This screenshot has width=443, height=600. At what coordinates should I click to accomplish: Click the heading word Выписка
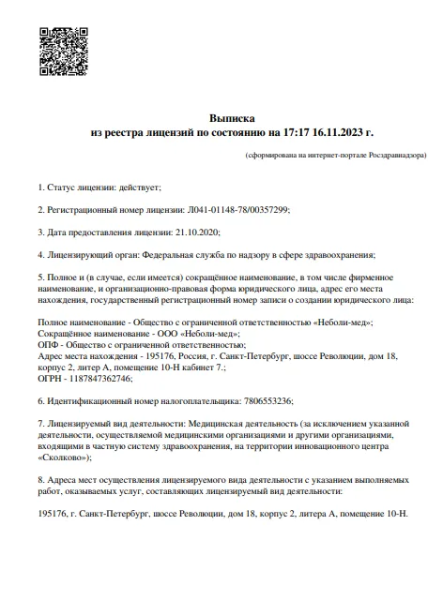click(x=231, y=120)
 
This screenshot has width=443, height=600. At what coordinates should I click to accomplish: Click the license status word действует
click(x=136, y=187)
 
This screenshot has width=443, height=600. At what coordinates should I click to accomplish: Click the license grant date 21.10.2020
click(x=198, y=232)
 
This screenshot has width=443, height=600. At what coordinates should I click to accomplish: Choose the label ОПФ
click(x=49, y=344)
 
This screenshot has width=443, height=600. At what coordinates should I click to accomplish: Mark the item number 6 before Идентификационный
click(x=39, y=400)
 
